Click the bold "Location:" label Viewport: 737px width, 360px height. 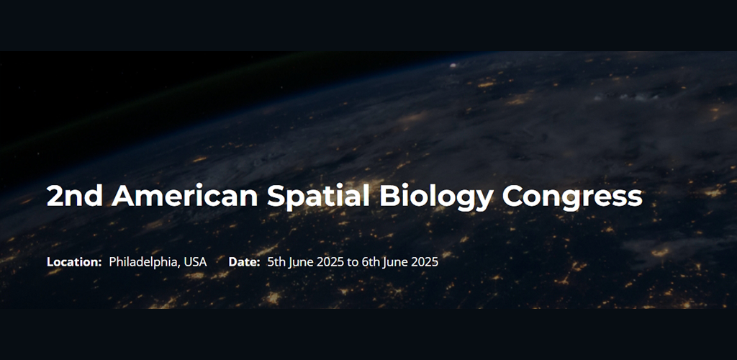coord(74,261)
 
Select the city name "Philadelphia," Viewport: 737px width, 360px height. coord(144,261)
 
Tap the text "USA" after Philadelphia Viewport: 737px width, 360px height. coord(195,261)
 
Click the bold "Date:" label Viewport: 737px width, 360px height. coord(244,261)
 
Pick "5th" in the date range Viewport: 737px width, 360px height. coord(276,261)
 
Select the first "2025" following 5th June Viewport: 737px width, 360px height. coord(330,261)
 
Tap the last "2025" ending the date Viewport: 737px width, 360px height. coord(424,261)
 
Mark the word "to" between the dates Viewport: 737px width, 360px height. coord(353,261)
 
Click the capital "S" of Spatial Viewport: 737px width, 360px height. coord(276,196)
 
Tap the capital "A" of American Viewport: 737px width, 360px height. coord(123,196)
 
